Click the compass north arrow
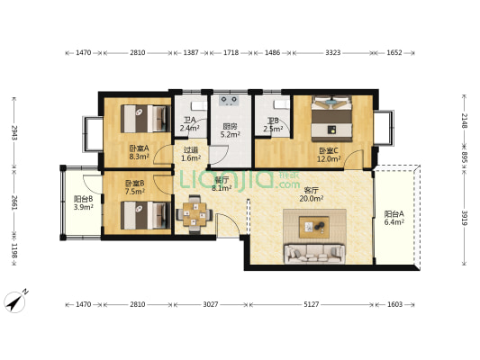tap(15, 302)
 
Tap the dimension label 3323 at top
tap(332, 52)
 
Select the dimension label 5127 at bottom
tap(312, 304)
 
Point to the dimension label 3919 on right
tap(465, 218)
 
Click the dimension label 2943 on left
tap(14, 132)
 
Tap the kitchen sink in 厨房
tap(229, 100)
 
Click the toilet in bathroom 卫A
tap(199, 105)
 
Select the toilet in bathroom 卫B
tap(282, 104)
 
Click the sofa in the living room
tap(314, 254)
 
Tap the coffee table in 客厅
tap(314, 227)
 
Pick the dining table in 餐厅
tap(195, 214)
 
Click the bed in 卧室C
tap(331, 119)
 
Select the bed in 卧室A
tap(145, 119)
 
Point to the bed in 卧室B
tap(145, 215)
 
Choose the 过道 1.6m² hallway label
tap(191, 154)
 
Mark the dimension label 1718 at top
tap(231, 52)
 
